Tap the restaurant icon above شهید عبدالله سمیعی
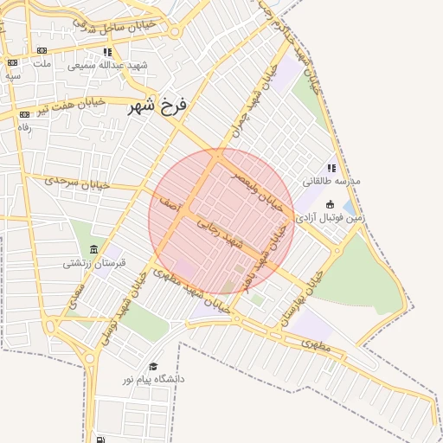106,53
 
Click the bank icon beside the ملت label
13,62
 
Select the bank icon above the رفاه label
23,114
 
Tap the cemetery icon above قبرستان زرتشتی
92,247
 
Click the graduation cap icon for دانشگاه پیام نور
154,367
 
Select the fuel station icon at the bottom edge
103,439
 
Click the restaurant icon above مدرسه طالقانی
331,169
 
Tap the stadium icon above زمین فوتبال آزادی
330,205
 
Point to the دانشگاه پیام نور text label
154,379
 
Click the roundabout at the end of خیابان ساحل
176,32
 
